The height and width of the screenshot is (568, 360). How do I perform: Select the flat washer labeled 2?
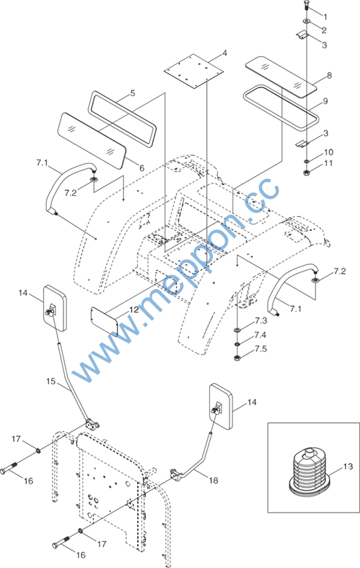pyautogui.click(x=307, y=21)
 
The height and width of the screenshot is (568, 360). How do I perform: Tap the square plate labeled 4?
pyautogui.click(x=193, y=71)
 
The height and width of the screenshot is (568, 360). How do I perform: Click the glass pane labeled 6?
pyautogui.click(x=93, y=141)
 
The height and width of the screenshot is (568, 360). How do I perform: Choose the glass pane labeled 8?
pyautogui.click(x=281, y=76)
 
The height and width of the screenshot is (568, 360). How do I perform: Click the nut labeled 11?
pyautogui.click(x=307, y=172)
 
